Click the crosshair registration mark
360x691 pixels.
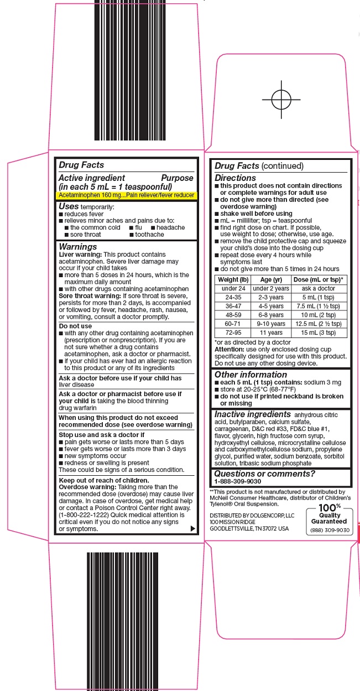pos(281,100)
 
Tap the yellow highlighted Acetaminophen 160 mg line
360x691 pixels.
pos(127,196)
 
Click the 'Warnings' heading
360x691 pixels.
pos(78,247)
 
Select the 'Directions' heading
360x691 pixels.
pos(235,178)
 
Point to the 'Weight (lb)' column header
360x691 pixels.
pos(233,279)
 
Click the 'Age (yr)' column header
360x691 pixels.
pos(271,279)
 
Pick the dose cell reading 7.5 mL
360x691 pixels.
pos(318,306)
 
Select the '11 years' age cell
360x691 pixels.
pos(271,333)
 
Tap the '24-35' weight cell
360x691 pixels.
pos(233,297)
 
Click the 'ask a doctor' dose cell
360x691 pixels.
pos(318,288)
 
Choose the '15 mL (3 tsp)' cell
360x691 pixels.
pos(318,333)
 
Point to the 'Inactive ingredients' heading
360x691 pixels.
pos(252,414)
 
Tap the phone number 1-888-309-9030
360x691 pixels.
pos(237,481)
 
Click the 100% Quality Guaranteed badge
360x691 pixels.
pos(329,518)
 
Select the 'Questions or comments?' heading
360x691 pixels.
pos(264,474)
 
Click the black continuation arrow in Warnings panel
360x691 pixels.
pos(192,529)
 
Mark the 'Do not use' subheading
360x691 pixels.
pos(75,326)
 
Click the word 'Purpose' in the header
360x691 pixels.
pos(177,178)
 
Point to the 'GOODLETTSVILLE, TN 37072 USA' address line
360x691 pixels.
pos(249,528)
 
